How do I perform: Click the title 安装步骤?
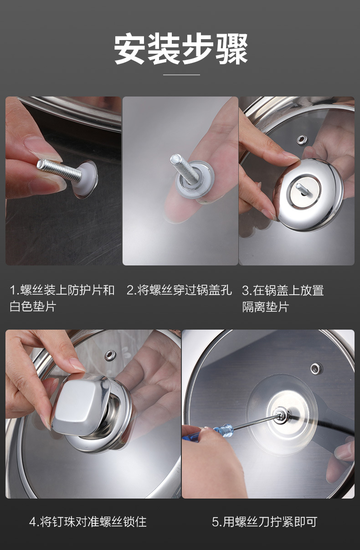[180, 49]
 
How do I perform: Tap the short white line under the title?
[181, 75]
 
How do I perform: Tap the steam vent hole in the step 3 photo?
[301, 140]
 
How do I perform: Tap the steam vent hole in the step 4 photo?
[110, 355]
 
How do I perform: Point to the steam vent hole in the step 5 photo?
[316, 368]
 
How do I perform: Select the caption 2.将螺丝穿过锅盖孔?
[179, 290]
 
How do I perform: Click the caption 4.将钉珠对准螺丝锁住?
[88, 522]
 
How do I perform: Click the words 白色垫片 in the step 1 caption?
[33, 307]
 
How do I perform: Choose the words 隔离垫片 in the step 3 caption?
[265, 307]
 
